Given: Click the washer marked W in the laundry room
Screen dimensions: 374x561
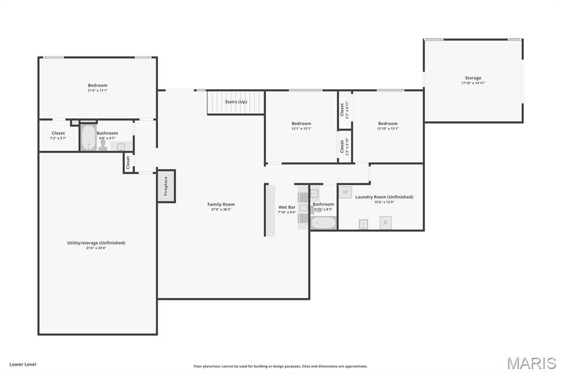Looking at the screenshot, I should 345,192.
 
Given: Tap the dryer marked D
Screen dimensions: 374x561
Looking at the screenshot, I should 386,222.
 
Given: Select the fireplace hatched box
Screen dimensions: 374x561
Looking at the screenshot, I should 167,186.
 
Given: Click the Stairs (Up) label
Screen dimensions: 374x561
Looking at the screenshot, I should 236,102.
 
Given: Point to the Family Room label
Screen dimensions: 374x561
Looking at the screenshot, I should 221,205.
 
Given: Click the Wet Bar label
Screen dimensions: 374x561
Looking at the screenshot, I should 287,207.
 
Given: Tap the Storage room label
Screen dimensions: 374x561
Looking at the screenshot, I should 473,78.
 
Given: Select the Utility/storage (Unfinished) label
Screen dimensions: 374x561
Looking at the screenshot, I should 96,242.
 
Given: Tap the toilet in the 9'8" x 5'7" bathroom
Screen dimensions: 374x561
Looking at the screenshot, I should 103,144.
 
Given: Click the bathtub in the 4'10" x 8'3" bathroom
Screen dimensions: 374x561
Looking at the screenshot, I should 323,223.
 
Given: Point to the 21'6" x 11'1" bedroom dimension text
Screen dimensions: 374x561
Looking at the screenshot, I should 98,90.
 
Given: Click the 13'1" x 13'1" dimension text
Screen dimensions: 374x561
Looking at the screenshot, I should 301,129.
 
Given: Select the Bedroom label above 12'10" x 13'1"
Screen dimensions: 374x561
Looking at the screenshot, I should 387,123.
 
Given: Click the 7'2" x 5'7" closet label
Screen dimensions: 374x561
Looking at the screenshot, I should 58,133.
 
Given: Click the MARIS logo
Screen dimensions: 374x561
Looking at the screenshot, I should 531,363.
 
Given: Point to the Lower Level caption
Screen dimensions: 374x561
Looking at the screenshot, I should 22,364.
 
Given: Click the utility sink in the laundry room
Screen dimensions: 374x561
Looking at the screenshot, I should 363,224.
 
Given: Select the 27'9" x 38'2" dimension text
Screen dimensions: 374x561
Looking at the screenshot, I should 221,209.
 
